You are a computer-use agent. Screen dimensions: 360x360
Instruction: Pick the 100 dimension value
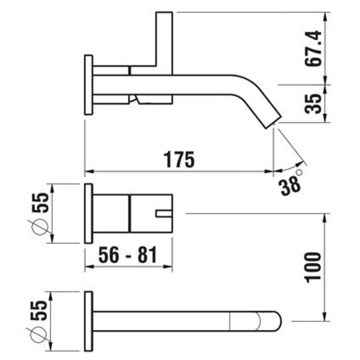click(313, 266)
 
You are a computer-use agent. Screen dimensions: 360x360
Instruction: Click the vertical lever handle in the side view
click(165, 39)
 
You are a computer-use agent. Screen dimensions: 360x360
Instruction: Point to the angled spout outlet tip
click(273, 122)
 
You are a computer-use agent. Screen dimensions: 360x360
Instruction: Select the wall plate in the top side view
click(88, 85)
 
